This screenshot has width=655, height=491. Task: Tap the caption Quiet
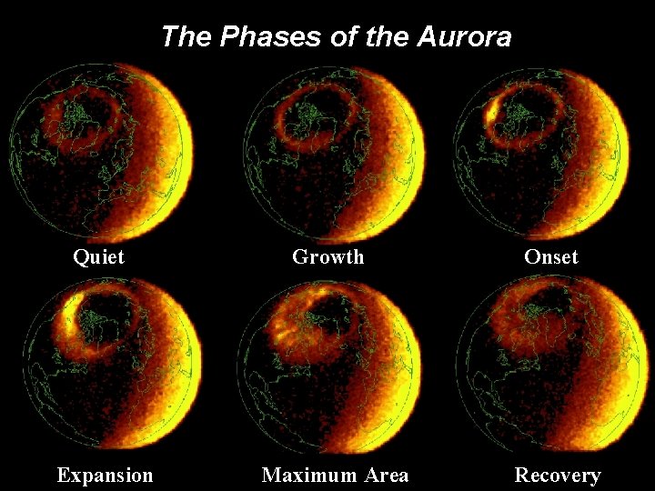pos(98,257)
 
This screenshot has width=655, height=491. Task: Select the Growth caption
pos(327,257)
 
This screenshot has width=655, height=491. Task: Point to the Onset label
pos(550,257)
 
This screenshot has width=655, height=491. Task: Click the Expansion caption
pos(105,476)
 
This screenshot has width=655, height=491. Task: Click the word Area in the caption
pos(385,476)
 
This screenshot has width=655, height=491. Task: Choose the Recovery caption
pos(558,476)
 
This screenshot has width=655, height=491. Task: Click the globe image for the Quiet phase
pos(102,152)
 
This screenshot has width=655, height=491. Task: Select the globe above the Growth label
pos(333,152)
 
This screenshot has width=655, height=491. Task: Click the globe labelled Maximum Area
pos(329,364)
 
